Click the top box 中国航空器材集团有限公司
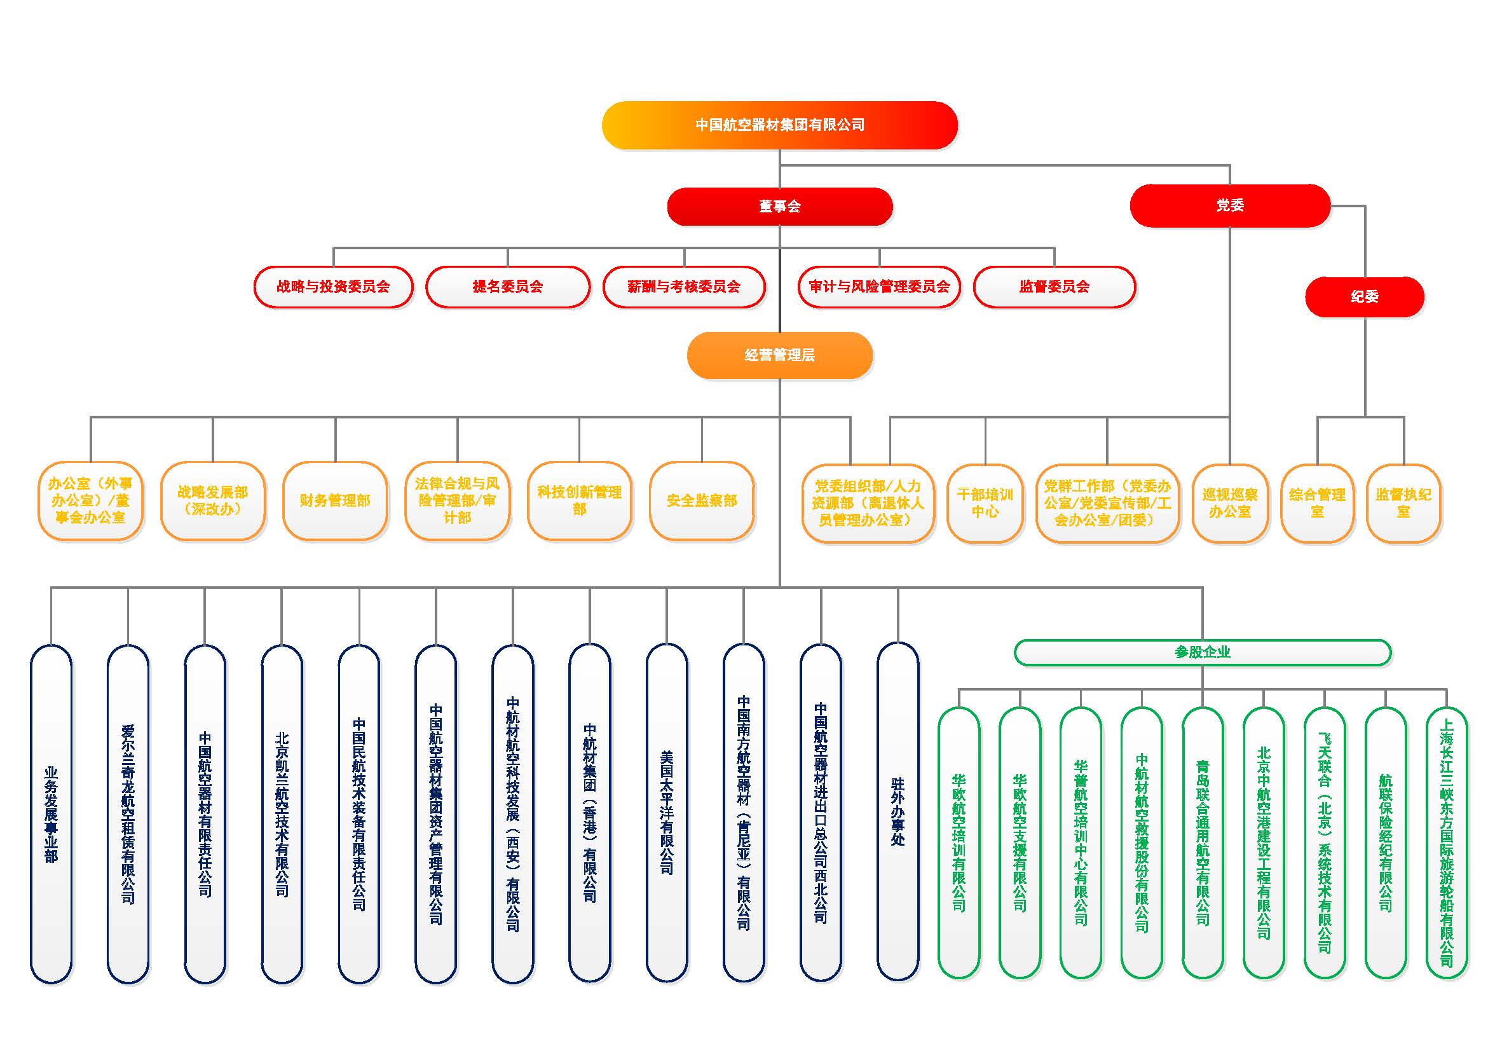click(x=780, y=125)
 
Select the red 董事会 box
click(x=780, y=206)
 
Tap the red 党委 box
click(x=1230, y=205)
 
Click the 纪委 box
click(x=1364, y=297)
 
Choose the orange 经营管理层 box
click(x=780, y=355)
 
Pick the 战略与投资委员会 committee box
click(x=333, y=287)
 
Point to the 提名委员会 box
click(x=507, y=287)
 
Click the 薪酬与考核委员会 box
click(x=684, y=287)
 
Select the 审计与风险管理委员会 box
click(x=880, y=287)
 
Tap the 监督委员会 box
click(x=1055, y=287)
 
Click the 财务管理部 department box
click(x=335, y=500)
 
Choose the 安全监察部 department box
click(x=702, y=500)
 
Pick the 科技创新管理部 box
click(x=580, y=500)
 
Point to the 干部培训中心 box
click(x=985, y=503)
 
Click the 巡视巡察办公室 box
click(x=1230, y=503)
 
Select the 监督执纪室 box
click(x=1403, y=503)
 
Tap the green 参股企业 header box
click(x=1202, y=652)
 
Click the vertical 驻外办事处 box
click(x=898, y=811)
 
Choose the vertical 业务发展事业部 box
click(x=51, y=814)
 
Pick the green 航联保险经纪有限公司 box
click(x=1386, y=843)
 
